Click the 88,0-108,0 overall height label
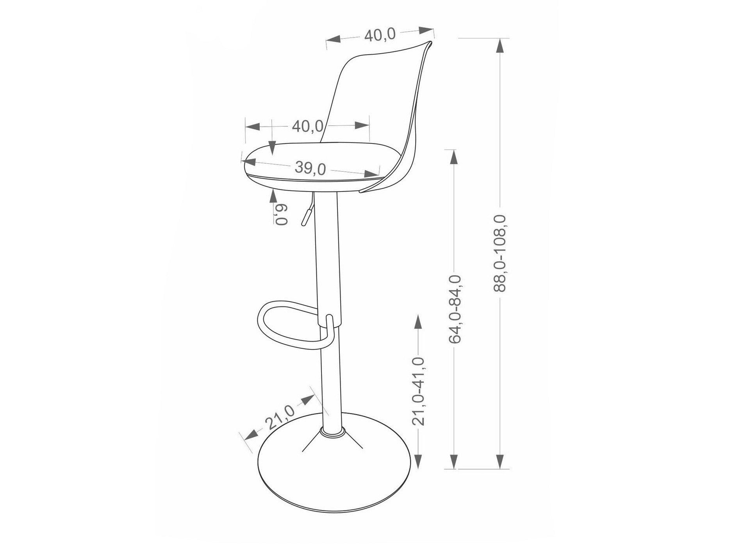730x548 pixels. click(x=500, y=253)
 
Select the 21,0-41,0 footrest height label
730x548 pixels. click(x=419, y=391)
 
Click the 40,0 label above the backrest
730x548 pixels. click(x=380, y=35)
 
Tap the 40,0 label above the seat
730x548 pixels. click(x=307, y=126)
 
